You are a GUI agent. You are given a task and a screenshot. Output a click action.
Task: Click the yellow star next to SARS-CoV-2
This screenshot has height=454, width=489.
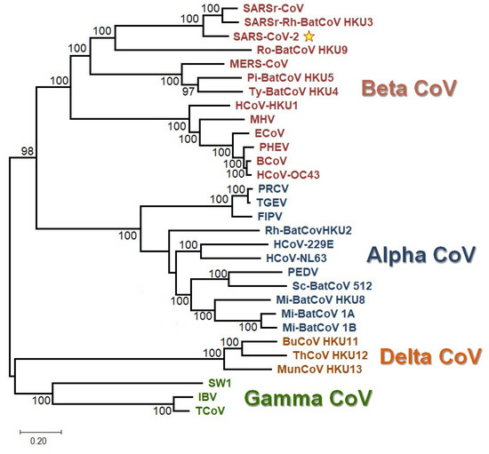click(x=309, y=36)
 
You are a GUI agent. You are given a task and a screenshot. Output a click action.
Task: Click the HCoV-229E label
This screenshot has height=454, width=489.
click(x=295, y=244)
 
